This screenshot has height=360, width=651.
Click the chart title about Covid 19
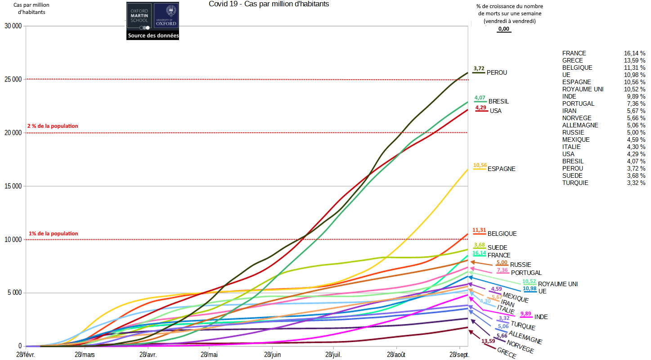tap(269, 4)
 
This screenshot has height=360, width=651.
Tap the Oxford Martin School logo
tap(139, 17)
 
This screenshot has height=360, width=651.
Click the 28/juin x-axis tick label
tap(272, 355)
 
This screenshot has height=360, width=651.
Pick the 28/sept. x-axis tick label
tap(459, 355)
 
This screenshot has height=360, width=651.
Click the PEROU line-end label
tap(497, 72)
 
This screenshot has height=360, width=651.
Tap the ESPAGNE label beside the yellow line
tap(501, 169)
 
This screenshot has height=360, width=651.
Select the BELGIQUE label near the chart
tap(502, 234)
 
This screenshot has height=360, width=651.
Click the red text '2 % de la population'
tap(53, 126)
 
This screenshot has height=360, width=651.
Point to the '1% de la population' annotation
tap(54, 234)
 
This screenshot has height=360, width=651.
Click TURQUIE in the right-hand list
tap(575, 183)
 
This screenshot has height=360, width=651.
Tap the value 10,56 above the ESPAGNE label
tap(480, 165)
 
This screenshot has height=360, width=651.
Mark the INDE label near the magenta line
tap(541, 317)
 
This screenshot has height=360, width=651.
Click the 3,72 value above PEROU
tap(479, 68)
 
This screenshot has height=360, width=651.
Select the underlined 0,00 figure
tap(503, 29)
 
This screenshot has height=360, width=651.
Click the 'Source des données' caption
tap(153, 36)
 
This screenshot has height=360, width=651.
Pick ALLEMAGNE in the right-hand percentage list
tap(580, 125)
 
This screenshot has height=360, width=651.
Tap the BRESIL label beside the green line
tap(498, 101)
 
